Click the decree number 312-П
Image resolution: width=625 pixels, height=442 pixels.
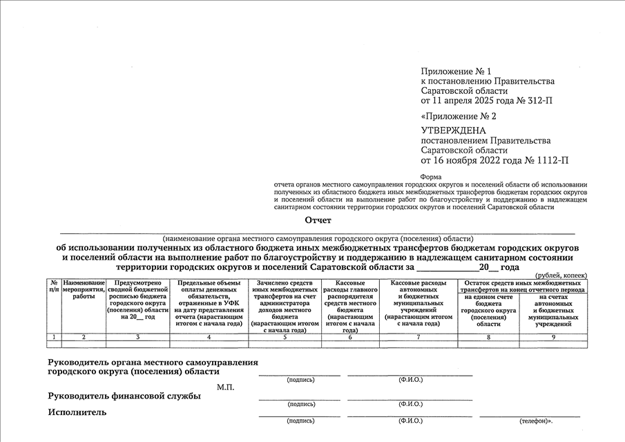537,101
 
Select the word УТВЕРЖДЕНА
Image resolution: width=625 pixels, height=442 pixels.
453,131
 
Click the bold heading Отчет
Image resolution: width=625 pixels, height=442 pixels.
318,220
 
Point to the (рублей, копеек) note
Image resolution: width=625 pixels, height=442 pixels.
561,275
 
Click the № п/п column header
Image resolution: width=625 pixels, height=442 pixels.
54,287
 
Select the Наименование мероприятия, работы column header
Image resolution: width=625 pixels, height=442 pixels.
84,289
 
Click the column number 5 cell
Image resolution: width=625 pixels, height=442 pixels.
285,336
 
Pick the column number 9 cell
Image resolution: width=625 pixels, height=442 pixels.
553,336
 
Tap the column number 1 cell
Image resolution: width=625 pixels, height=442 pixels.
54,336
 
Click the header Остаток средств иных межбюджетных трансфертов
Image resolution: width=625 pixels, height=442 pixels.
522,287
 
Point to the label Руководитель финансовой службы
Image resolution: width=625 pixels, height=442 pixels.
124,396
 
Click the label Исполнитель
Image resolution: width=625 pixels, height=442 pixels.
77,412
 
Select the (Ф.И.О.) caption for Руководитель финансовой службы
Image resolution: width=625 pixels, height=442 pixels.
410,404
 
